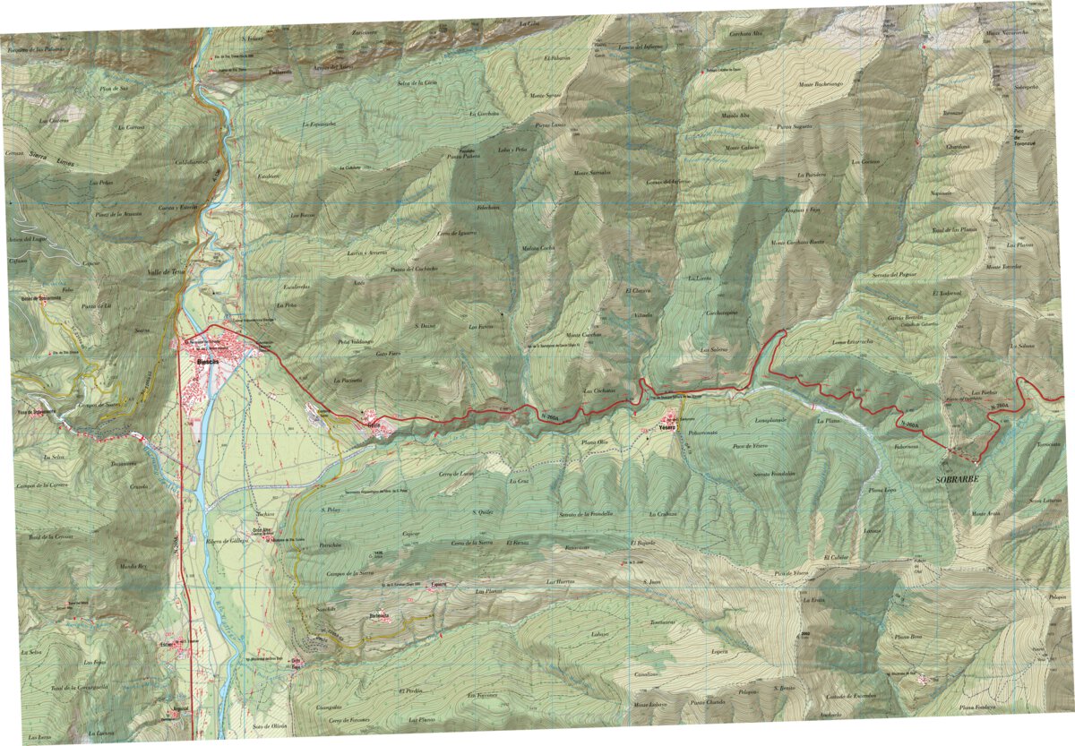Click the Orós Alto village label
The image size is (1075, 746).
(262, 530)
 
